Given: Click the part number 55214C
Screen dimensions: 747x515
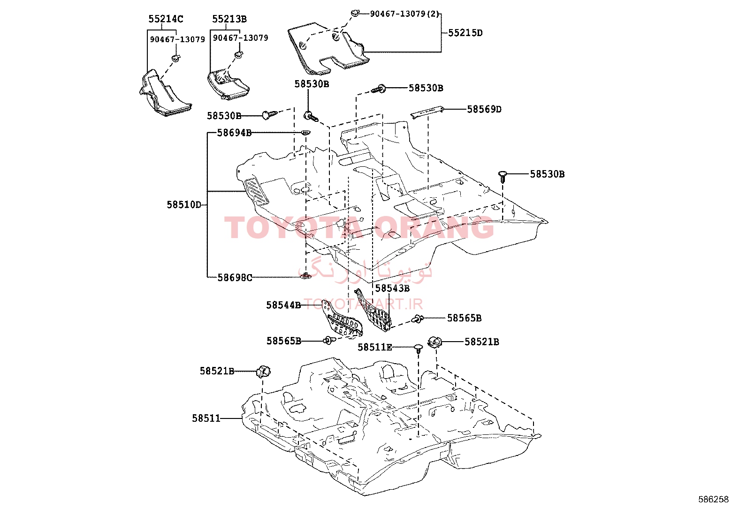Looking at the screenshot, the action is click(166, 19).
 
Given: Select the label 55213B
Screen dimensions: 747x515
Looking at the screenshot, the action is click(229, 19).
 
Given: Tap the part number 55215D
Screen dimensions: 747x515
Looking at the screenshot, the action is click(465, 33).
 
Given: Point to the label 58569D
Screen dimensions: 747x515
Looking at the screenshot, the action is click(484, 109).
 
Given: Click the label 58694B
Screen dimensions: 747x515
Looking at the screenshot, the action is click(235, 133).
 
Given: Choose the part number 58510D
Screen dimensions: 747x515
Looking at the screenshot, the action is click(184, 204).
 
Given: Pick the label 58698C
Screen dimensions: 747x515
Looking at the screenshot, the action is click(235, 277).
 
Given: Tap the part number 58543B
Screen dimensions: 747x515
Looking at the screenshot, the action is click(392, 288).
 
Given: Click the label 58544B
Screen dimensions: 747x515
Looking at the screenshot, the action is click(283, 305).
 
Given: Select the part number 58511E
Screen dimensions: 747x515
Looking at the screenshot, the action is click(375, 347).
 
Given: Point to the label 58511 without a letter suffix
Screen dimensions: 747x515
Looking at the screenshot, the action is click(206, 418).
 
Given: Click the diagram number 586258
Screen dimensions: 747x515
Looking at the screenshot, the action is click(713, 500).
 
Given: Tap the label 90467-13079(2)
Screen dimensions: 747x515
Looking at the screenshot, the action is click(404, 14).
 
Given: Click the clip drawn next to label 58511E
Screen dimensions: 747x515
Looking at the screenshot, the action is click(418, 349).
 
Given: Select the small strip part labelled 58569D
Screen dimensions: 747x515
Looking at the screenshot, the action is click(427, 111).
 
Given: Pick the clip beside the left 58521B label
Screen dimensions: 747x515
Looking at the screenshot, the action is click(263, 372).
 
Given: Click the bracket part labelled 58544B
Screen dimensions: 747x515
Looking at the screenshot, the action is click(342, 320).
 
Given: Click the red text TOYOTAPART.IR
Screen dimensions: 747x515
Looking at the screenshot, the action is click(363, 304).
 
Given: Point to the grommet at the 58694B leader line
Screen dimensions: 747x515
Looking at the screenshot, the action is click(305, 133).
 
